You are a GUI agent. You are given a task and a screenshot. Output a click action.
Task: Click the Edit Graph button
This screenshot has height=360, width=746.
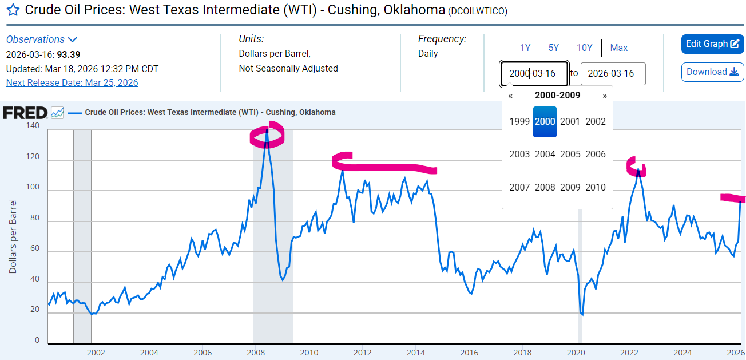(712, 44)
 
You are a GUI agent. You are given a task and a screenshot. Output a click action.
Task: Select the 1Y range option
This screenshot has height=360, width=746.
(525, 48)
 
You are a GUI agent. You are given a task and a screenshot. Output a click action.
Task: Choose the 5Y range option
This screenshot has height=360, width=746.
(553, 48)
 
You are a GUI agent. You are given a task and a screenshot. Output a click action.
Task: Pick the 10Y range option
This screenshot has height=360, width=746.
(584, 48)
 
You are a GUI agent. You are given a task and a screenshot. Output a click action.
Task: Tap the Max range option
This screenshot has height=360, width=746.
(618, 48)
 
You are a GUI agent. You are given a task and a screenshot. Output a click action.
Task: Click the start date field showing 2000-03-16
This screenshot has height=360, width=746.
(534, 74)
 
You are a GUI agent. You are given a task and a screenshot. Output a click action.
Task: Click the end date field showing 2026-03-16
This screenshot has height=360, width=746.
(613, 74)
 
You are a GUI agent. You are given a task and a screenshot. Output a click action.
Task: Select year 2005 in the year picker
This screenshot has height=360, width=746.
(570, 154)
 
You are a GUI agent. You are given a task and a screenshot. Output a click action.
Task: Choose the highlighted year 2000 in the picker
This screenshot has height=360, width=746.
(545, 121)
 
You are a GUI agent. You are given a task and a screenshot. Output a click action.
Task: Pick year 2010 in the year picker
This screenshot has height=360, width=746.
(596, 187)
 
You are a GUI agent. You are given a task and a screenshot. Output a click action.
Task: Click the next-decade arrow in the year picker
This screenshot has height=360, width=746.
(605, 96)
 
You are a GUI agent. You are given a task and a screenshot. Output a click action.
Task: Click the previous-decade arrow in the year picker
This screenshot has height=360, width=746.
(510, 96)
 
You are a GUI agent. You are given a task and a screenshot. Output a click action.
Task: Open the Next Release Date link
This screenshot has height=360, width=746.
(72, 82)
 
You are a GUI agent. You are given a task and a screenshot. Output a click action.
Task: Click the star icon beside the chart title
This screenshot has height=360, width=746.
(13, 10)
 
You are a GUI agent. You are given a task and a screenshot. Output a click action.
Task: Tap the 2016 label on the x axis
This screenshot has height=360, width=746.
(469, 352)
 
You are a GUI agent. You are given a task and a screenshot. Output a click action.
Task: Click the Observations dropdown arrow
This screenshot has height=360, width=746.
(73, 39)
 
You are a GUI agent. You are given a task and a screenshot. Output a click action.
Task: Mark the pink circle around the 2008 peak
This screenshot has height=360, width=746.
(267, 136)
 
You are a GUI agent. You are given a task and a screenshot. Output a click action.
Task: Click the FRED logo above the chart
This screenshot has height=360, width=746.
(25, 113)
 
